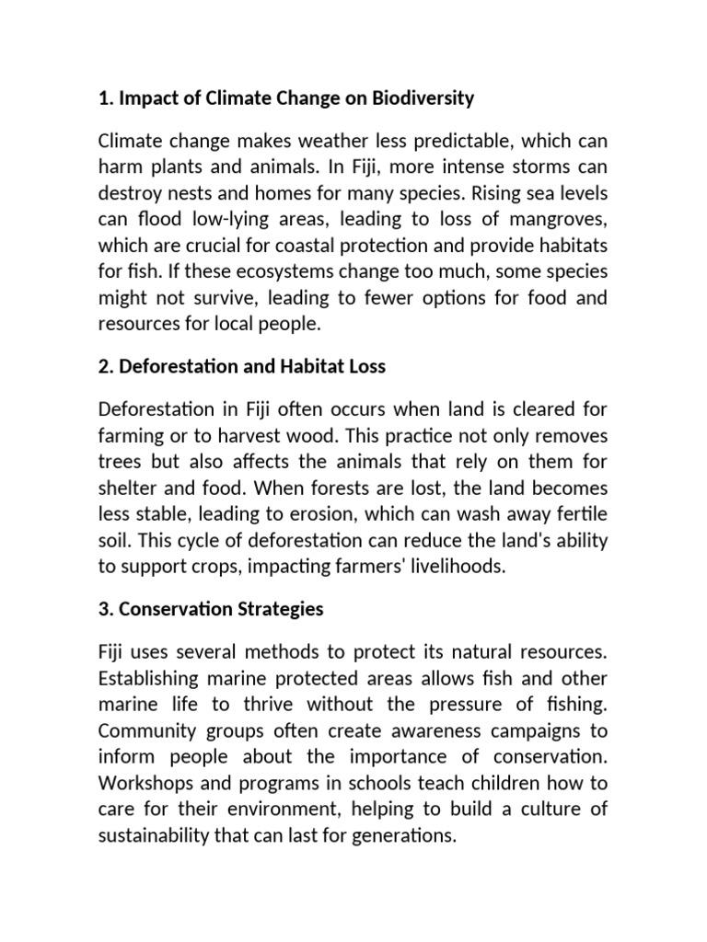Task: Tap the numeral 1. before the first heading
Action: (x=104, y=98)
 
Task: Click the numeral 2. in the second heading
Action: (x=105, y=366)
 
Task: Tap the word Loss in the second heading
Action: (x=365, y=366)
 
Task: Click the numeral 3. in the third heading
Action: (x=105, y=609)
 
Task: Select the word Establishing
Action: (x=149, y=679)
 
